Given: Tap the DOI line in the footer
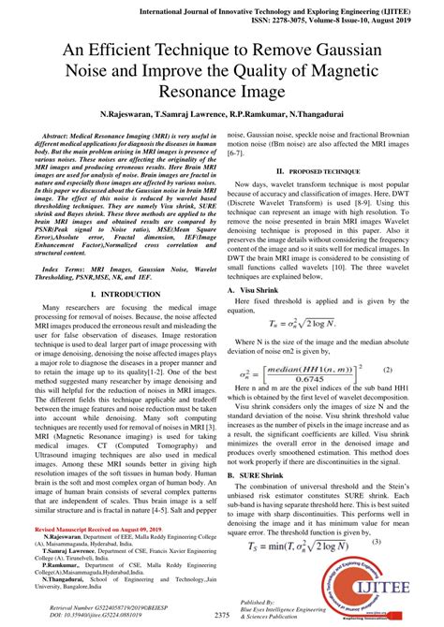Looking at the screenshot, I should point(103,614).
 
